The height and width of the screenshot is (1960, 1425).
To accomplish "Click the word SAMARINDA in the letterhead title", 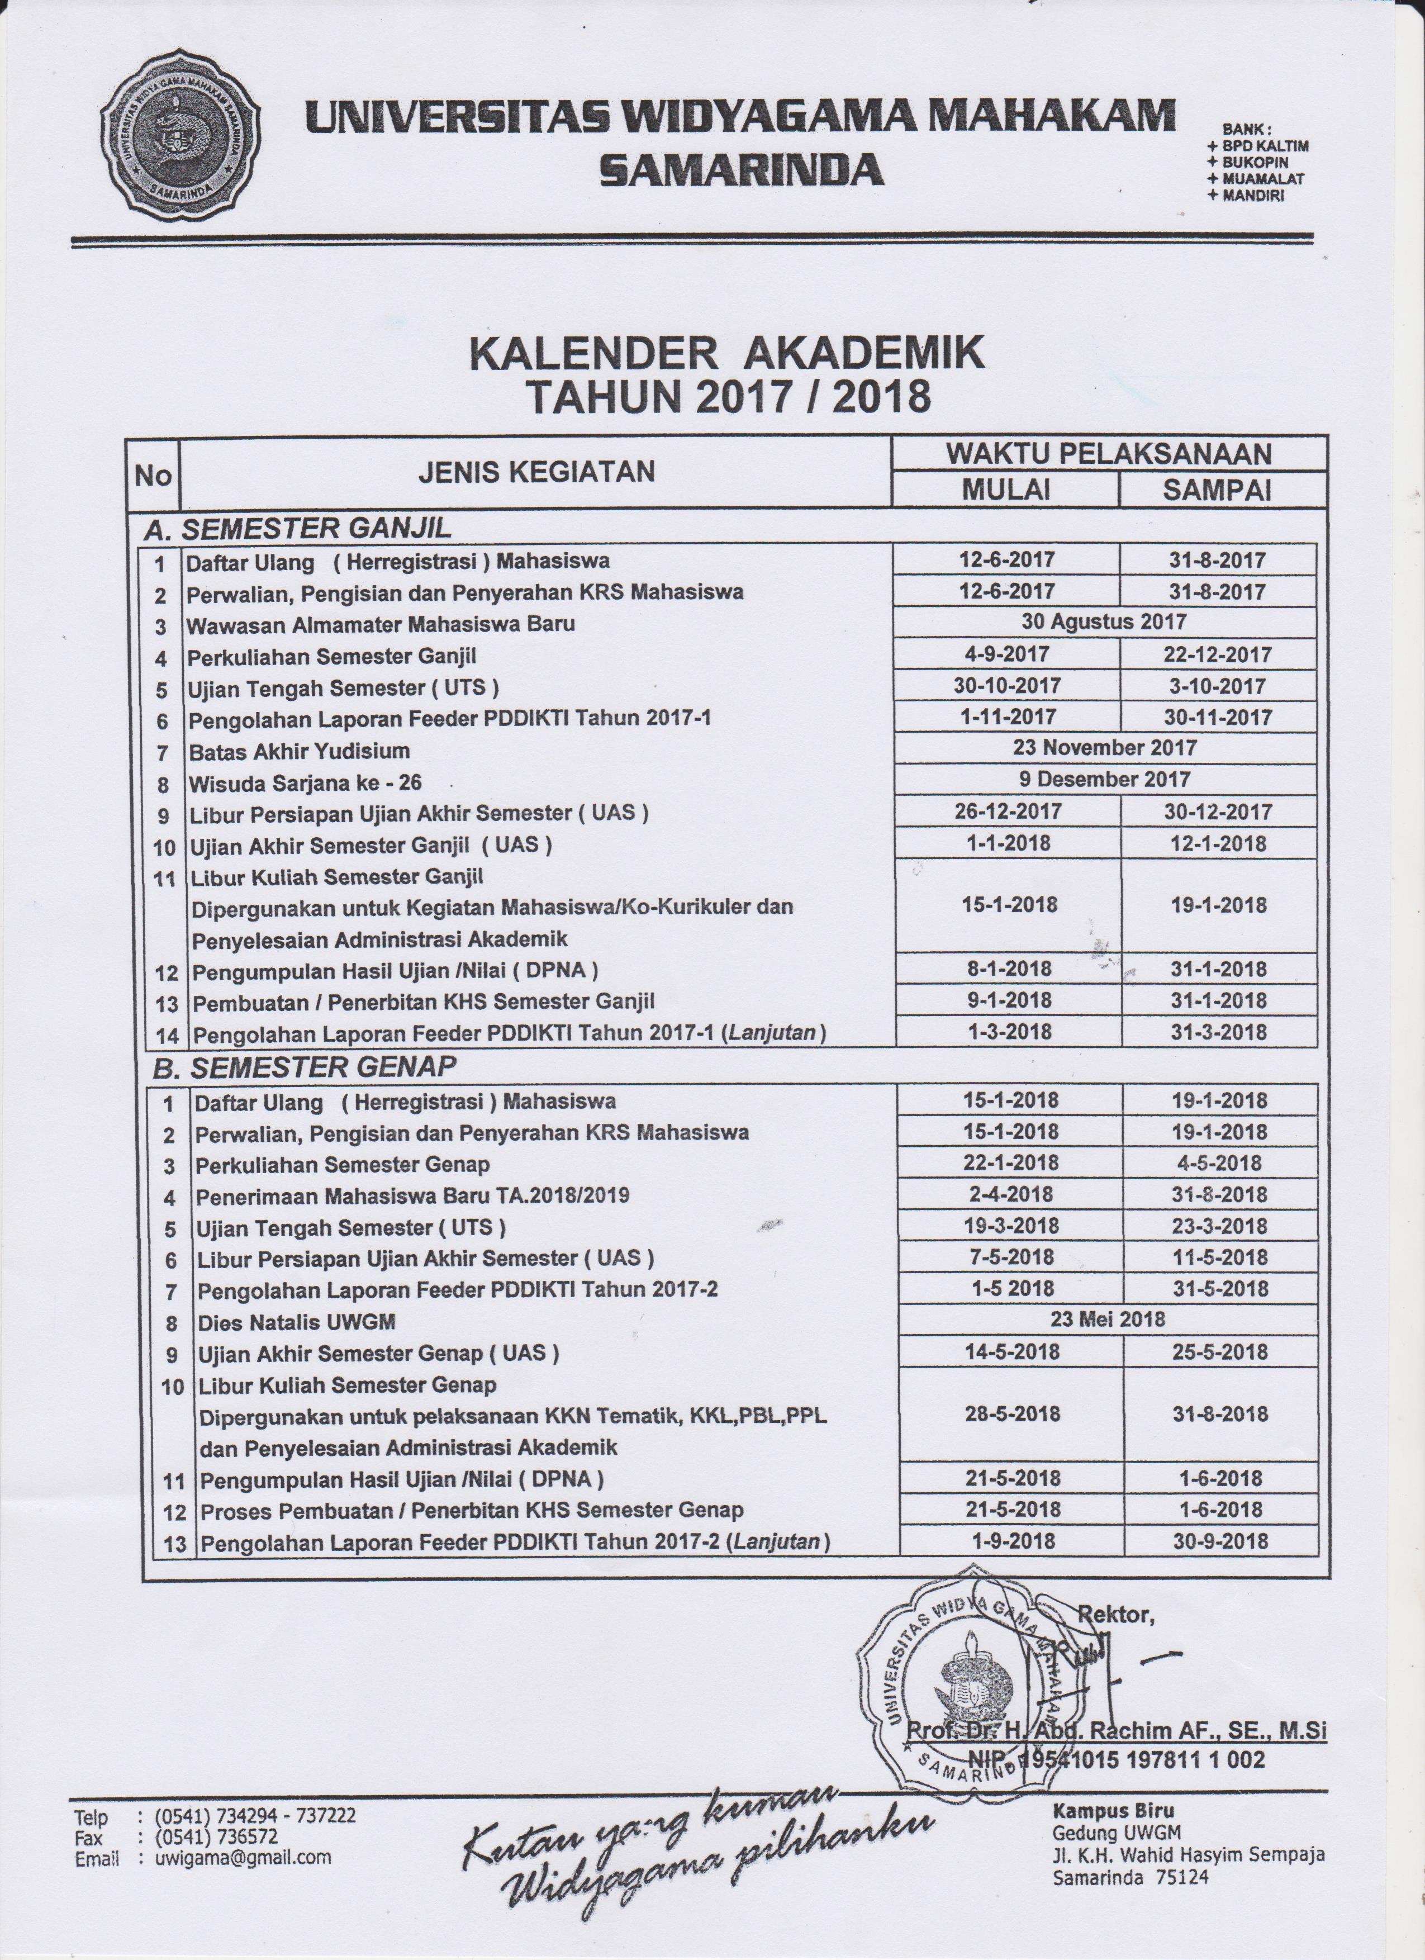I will point(742,169).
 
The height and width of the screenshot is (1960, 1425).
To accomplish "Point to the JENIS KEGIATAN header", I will point(536,472).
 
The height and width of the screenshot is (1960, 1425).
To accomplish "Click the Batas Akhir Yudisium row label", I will point(299,751).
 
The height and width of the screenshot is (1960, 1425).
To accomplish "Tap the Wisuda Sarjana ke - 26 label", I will point(305,784).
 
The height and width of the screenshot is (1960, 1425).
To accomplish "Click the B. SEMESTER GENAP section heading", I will point(303,1067).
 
